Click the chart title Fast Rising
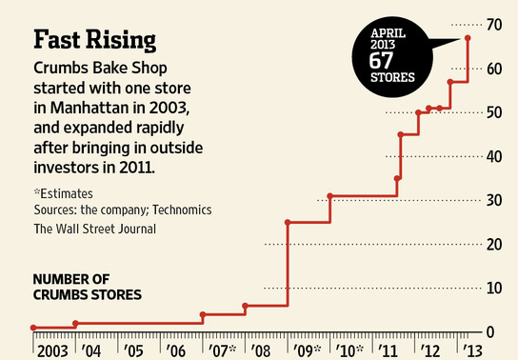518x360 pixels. point(95,40)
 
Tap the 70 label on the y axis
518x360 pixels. point(494,25)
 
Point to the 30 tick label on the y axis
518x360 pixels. point(494,200)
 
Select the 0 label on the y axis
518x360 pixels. point(490,332)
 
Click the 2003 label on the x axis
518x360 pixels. point(52,351)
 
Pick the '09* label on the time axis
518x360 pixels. point(307,351)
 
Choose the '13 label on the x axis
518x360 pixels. point(472,351)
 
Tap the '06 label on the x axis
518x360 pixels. point(175,351)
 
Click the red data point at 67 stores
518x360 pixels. point(468,38)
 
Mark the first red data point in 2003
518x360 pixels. point(33,328)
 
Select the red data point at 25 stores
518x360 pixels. point(288,222)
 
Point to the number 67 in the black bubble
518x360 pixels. point(381,60)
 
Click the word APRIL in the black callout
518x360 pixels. point(388,33)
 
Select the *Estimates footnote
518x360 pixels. point(64,193)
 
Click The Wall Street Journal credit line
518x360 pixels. point(95,229)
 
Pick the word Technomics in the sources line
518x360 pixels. point(182,210)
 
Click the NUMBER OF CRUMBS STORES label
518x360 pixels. point(88,287)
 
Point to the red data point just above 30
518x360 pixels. point(329,196)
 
